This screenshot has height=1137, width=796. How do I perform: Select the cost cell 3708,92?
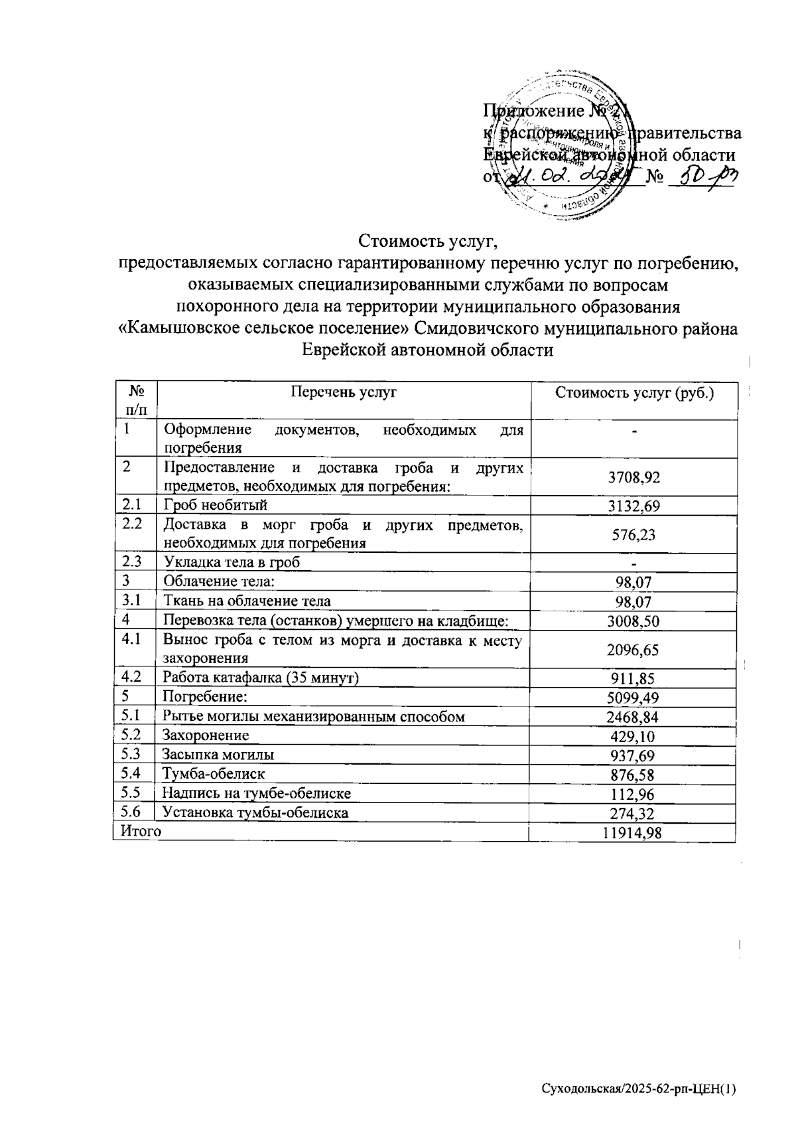[x=634, y=477]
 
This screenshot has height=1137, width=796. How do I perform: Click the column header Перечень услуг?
[x=344, y=392]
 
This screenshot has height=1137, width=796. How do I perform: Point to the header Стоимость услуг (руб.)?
[x=634, y=393]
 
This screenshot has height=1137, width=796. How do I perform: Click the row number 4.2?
[x=133, y=678]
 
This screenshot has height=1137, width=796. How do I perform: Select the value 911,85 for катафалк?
[x=634, y=678]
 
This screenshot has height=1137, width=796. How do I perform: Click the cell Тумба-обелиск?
[x=214, y=774]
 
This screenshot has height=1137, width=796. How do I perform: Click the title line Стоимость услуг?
[x=428, y=240]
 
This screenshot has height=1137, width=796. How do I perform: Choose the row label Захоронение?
[x=206, y=735]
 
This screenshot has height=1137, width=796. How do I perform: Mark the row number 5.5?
[x=133, y=793]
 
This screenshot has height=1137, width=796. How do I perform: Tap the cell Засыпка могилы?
[x=218, y=755]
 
